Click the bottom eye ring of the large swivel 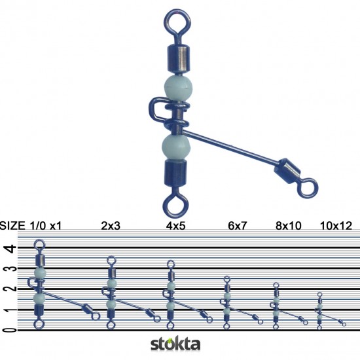click(x=174, y=206)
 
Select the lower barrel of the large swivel click(x=174, y=176)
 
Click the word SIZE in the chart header click(x=13, y=226)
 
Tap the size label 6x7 click(x=238, y=226)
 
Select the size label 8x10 click(x=288, y=226)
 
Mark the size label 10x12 click(x=335, y=226)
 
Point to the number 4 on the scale click(x=8, y=249)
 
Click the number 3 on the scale click(x=8, y=269)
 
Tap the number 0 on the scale click(x=8, y=329)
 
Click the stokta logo click(x=175, y=344)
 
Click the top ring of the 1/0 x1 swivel click(x=39, y=245)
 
